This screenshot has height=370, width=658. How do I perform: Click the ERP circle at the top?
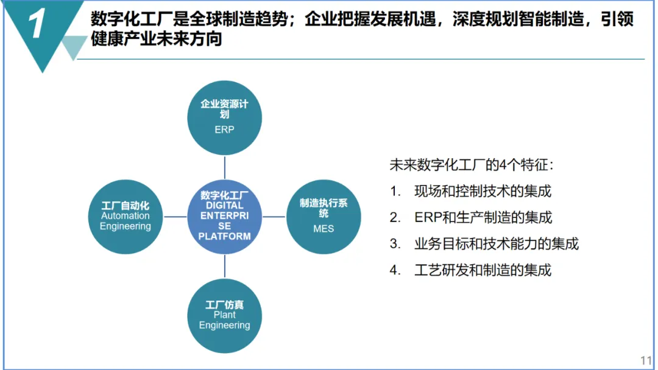[x=224, y=117]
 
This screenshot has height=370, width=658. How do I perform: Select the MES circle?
[x=324, y=217]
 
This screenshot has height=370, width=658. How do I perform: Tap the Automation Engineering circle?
[x=126, y=217]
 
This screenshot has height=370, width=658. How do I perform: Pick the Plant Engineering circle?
[x=224, y=316]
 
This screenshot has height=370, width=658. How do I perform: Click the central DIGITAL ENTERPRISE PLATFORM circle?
[x=224, y=217]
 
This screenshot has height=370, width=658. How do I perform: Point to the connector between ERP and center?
[x=224, y=167]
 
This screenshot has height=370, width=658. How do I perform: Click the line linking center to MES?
[x=274, y=217]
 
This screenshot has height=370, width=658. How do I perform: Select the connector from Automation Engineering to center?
[x=175, y=217]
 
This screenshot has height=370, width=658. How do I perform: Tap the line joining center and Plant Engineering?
[x=224, y=267]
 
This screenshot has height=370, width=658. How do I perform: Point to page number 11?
[x=646, y=360]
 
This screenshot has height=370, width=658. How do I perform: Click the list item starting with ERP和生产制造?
[x=483, y=217]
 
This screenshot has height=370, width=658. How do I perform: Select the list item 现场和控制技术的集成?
[x=483, y=191]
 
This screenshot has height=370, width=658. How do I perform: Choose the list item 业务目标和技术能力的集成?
[x=497, y=243]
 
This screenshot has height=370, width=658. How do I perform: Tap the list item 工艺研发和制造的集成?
[x=483, y=270]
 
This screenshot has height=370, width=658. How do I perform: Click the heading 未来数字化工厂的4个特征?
[x=472, y=165]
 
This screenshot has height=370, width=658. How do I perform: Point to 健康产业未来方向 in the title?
[x=156, y=39]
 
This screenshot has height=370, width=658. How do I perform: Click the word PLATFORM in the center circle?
[x=224, y=236]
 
